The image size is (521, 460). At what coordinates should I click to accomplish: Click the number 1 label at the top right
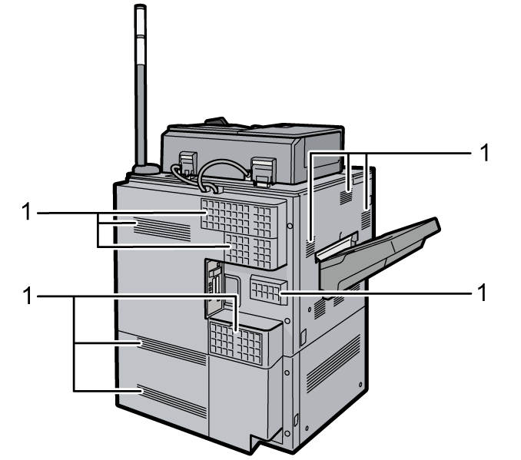click(485, 153)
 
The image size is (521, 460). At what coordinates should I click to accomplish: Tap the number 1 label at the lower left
click(27, 296)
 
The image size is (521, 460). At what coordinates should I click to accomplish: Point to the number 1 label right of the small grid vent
click(482, 293)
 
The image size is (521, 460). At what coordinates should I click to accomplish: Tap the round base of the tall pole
click(145, 169)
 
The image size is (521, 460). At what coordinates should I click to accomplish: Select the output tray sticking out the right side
click(378, 253)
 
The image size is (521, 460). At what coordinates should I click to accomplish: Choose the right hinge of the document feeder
click(264, 170)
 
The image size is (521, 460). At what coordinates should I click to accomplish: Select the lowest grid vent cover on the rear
click(244, 342)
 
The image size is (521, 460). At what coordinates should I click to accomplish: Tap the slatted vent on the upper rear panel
click(162, 229)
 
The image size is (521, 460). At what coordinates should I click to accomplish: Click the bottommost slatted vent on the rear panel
click(172, 401)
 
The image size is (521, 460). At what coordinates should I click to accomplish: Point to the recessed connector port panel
click(214, 288)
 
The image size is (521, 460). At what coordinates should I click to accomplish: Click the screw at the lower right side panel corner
click(360, 385)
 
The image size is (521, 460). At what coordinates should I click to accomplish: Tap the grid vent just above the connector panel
click(255, 251)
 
